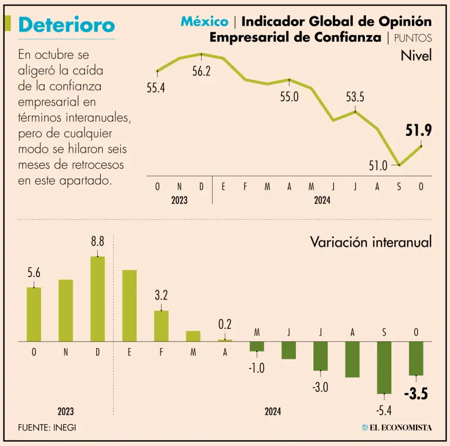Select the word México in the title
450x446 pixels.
coord(204,22)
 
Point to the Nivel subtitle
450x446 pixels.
coord(416,56)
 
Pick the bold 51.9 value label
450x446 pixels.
coord(419,131)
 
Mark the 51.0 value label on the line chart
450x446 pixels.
coord(378,166)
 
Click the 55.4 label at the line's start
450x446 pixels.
coord(156,88)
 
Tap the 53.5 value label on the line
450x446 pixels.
coord(355,97)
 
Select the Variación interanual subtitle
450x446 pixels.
coord(370,242)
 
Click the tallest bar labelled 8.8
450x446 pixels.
coord(98,299)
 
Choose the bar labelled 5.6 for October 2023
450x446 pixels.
coord(34,314)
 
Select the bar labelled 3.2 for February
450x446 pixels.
coord(161,326)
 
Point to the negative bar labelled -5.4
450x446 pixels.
coord(384,367)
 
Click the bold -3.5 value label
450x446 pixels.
coord(416,394)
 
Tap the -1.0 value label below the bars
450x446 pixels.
coord(257,368)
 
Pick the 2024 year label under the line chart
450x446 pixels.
coord(322,200)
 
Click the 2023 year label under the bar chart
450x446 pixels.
coord(66,412)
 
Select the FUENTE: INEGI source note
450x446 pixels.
coord(47,428)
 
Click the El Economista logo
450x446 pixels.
coord(397,428)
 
